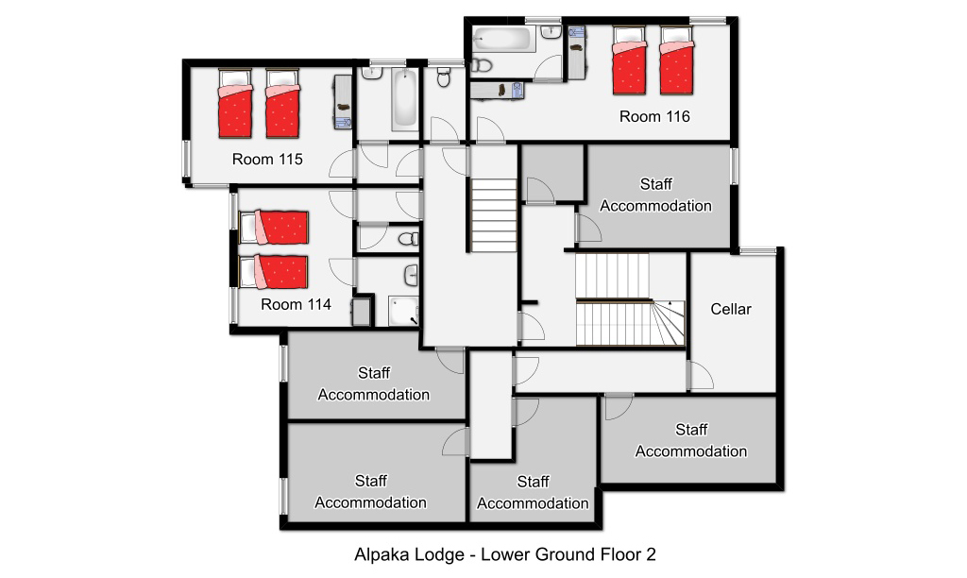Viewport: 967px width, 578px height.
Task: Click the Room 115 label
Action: tap(267, 160)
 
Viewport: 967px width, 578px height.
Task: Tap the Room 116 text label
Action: tap(654, 116)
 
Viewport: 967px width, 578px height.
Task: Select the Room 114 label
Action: tap(296, 304)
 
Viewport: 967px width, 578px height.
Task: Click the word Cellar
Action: tap(731, 309)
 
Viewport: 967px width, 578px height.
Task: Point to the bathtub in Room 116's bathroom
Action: tap(502, 39)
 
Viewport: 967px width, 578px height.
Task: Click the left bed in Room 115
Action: tap(235, 104)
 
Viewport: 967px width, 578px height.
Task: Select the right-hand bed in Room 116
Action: tap(676, 60)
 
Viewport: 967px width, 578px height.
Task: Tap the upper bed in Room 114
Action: tap(274, 228)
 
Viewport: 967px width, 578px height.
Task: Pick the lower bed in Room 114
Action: tap(274, 272)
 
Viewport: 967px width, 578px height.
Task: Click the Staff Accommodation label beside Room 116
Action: tap(655, 195)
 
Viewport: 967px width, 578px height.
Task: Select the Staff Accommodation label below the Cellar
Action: tap(691, 440)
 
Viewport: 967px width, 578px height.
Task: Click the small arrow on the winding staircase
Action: tap(670, 303)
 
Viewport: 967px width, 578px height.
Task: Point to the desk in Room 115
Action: tap(342, 102)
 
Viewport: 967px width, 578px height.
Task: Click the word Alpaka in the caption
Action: tap(379, 554)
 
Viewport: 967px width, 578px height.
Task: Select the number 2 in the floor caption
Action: tap(652, 554)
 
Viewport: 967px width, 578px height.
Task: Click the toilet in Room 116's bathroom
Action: tap(482, 65)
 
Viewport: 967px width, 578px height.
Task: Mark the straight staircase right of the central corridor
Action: tap(494, 215)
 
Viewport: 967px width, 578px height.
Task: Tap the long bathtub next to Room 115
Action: tap(404, 99)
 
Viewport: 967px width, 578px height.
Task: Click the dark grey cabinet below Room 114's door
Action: tap(363, 312)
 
